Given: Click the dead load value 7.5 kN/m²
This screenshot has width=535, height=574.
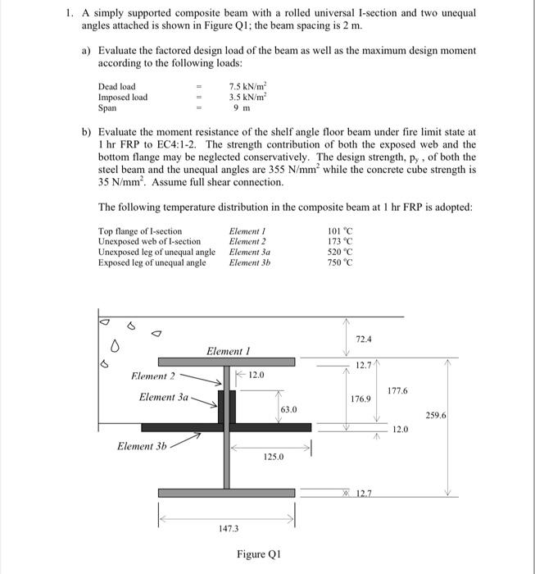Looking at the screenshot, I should point(243,86).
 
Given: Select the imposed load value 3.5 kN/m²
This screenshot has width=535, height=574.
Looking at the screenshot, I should point(243,97).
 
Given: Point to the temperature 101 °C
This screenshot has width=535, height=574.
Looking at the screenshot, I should point(338,231).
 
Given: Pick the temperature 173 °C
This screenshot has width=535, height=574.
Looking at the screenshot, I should point(338,242).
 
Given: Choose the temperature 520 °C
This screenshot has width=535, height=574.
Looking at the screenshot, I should point(338,253).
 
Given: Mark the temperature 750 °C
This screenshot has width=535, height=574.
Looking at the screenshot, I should point(338,263).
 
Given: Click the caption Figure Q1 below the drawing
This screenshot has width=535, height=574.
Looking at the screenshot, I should point(260,554).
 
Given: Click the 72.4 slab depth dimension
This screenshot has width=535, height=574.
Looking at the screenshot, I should point(365,338).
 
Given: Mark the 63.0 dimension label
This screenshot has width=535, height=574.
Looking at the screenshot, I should point(288,408).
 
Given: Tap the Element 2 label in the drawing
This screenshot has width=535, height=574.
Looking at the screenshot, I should point(153,376).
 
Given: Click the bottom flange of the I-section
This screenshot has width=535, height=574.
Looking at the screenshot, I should point(227,492).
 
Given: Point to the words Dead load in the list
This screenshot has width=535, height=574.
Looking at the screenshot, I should point(117,86).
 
